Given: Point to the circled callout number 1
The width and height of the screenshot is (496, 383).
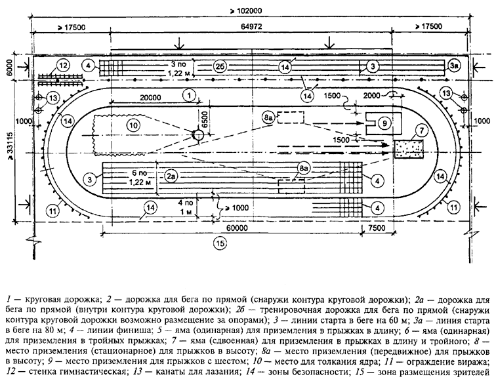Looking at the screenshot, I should click(x=188, y=96).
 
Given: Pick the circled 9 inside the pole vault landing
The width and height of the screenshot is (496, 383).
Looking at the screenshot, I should click(x=384, y=121).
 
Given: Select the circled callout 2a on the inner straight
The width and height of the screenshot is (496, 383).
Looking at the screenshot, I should click(x=171, y=177).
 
